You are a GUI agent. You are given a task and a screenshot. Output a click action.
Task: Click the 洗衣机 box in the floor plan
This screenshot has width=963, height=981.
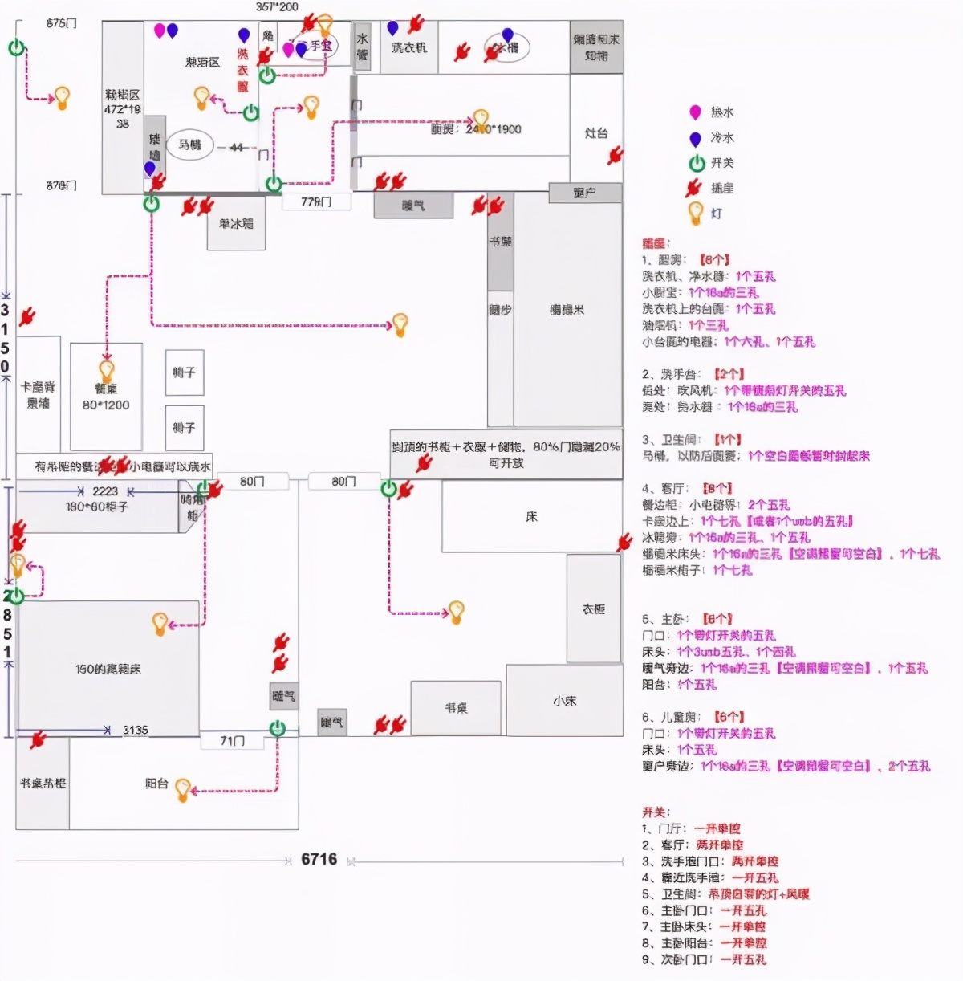[409, 48]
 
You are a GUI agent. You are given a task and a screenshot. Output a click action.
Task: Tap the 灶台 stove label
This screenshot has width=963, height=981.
[596, 133]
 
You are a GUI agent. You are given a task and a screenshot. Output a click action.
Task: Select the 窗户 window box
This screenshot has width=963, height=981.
[585, 193]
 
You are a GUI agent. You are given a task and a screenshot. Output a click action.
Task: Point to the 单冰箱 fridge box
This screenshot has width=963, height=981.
[236, 224]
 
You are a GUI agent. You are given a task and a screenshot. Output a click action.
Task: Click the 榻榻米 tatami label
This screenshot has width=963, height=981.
[567, 310]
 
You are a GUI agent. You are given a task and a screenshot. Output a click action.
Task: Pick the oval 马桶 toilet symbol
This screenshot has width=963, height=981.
[190, 145]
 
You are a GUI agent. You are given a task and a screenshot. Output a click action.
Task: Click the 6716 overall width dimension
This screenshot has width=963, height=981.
[319, 859]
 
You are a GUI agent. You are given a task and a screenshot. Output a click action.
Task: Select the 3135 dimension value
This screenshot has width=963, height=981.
[135, 730]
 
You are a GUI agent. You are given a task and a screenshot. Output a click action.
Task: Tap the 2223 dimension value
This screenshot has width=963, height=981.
[105, 490]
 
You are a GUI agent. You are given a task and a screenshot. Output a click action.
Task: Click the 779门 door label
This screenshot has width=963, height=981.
[316, 201]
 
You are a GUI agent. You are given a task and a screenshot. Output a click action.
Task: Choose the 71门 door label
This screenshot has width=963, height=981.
[232, 740]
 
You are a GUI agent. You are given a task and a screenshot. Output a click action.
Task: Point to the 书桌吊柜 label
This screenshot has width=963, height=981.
[43, 782]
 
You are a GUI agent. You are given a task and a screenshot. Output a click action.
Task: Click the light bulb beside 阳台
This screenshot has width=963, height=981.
[183, 790]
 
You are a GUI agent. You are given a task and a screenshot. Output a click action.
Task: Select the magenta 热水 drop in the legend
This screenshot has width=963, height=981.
[695, 112]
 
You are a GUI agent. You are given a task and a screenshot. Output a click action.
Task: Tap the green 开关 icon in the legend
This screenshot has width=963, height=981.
[696, 164]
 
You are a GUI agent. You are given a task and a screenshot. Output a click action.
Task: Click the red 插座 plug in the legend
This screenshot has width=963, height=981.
[694, 189]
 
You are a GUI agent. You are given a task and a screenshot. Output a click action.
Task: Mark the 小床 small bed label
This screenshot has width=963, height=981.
[565, 701]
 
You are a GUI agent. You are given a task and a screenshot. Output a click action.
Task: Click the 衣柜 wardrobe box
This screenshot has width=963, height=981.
[594, 609]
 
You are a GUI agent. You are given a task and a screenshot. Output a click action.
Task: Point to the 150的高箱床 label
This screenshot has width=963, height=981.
[108, 668]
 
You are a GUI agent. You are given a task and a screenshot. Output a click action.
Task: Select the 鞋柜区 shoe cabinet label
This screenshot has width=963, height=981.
[122, 95]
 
